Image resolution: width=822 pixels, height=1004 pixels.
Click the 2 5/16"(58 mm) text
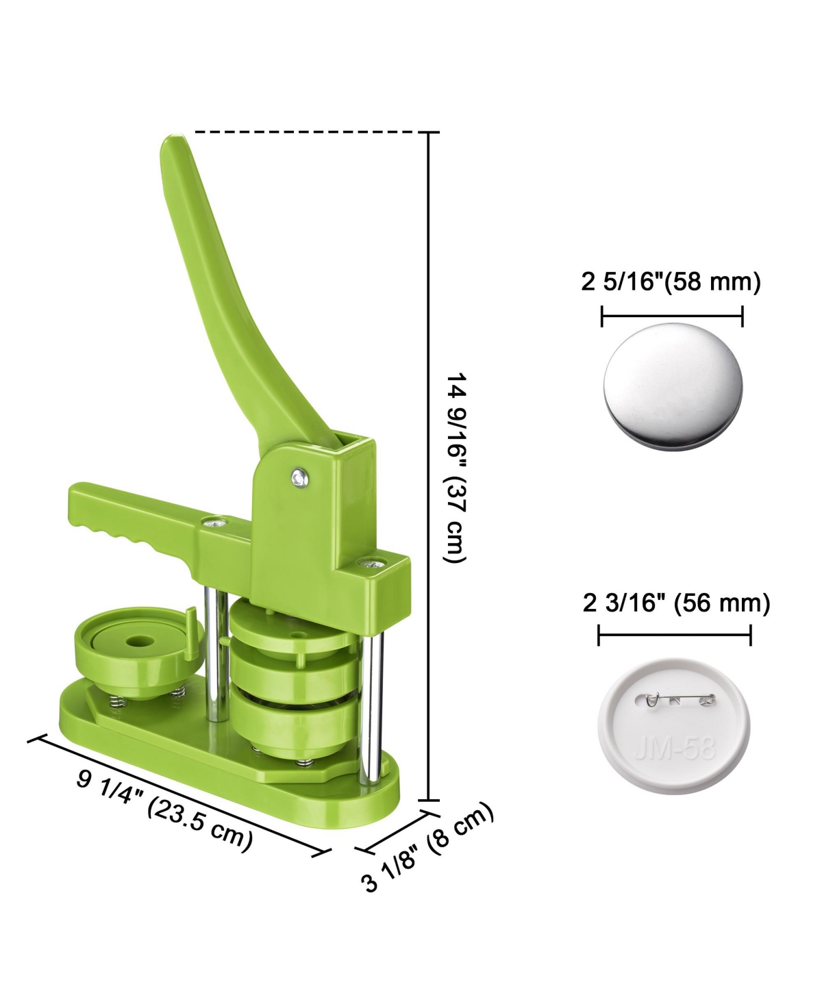[x=671, y=282]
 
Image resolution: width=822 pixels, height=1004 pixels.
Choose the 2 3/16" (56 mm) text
[x=676, y=603]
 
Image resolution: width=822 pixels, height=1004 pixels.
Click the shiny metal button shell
[x=673, y=386]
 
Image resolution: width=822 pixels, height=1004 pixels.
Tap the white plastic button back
[x=674, y=726]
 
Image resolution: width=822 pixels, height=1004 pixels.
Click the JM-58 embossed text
[x=675, y=749]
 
